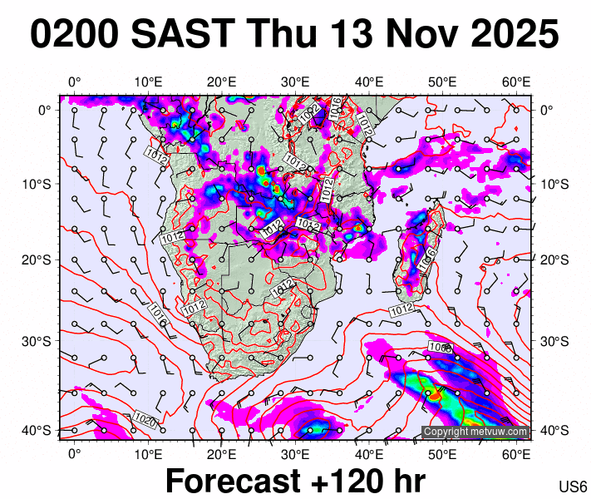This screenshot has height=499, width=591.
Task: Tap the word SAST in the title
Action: click(175, 35)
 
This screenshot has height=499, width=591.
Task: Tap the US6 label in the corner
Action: click(574, 487)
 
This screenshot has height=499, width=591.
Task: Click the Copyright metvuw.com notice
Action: click(475, 432)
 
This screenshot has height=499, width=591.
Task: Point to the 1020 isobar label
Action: click(143, 419)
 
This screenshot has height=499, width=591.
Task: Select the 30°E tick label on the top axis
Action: click(295, 82)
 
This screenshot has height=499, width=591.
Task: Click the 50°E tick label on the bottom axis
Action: click(443, 453)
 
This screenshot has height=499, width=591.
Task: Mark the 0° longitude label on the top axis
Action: click(74, 82)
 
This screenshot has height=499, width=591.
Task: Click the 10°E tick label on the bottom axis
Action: click(148, 453)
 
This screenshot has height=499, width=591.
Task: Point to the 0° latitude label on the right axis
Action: click(547, 109)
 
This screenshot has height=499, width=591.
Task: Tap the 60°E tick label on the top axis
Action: click(517, 82)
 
